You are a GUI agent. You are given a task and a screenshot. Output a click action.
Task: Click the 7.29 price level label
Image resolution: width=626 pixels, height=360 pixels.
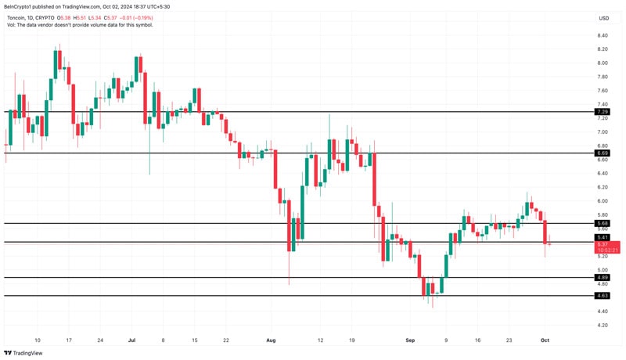(603, 112)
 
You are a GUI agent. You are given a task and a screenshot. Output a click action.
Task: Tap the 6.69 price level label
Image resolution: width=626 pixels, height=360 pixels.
(603, 153)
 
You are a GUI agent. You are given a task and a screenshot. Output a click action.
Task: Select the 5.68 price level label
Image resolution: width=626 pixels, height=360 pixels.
(603, 223)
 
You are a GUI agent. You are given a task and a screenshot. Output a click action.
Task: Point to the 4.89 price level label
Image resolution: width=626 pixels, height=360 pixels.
(603, 277)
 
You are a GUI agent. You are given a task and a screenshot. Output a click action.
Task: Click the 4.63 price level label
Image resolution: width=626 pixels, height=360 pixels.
(603, 295)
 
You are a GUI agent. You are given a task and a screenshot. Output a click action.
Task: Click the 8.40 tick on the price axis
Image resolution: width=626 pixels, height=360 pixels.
(603, 35)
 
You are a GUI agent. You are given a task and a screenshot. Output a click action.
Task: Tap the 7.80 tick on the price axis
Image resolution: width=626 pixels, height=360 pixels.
(603, 77)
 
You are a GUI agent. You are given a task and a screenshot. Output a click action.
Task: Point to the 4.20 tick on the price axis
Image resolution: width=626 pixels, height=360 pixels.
(603, 325)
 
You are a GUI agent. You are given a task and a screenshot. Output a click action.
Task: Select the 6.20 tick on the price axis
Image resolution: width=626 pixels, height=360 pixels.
(603, 187)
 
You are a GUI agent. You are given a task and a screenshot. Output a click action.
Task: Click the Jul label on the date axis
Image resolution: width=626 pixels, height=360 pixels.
(131, 340)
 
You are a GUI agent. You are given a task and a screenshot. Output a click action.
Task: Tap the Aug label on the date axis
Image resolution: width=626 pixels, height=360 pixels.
(272, 340)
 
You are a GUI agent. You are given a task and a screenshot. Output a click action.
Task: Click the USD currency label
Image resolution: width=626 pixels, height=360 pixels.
(603, 18)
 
